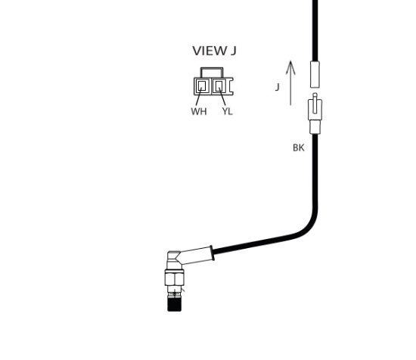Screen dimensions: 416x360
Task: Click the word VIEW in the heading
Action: click(209, 51)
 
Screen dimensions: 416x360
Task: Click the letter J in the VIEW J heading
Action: click(233, 51)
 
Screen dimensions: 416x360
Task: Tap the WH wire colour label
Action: click(199, 111)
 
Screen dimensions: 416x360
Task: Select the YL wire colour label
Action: click(228, 111)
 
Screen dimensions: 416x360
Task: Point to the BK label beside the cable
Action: click(299, 147)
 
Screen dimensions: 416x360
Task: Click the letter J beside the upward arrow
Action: click(278, 87)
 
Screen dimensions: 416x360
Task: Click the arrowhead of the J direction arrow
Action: click(290, 67)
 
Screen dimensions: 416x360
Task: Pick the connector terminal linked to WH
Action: click(202, 85)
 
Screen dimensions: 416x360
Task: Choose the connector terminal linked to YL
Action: click(219, 85)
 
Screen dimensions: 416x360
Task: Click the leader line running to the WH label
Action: click(199, 96)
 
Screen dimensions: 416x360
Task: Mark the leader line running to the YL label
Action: click(222, 96)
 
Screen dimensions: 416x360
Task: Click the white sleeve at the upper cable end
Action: click(315, 74)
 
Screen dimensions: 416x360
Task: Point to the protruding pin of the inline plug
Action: click(315, 103)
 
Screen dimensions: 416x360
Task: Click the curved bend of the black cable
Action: click(309, 225)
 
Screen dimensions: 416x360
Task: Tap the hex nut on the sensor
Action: click(174, 278)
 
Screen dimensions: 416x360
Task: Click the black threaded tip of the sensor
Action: click(175, 304)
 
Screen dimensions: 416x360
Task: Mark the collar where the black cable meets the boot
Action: click(213, 253)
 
